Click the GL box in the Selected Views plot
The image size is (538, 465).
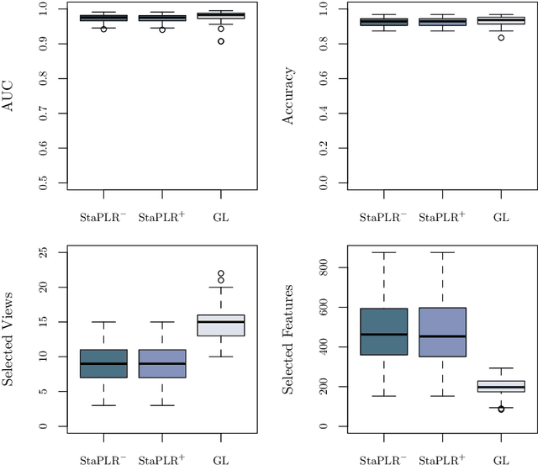click(221, 325)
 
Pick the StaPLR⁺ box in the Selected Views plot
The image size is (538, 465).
click(161, 363)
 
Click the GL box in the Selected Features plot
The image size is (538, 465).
click(501, 386)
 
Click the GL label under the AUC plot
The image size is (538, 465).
click(221, 218)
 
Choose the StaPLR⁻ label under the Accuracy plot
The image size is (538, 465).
click(382, 217)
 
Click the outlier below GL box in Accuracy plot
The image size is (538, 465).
click(501, 38)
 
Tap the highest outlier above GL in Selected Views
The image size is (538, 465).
click(221, 274)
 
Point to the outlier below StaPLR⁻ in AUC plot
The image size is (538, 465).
click(103, 29)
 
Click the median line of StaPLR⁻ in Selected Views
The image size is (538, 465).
click(103, 363)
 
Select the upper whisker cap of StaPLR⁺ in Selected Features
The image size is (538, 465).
click(441, 252)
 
